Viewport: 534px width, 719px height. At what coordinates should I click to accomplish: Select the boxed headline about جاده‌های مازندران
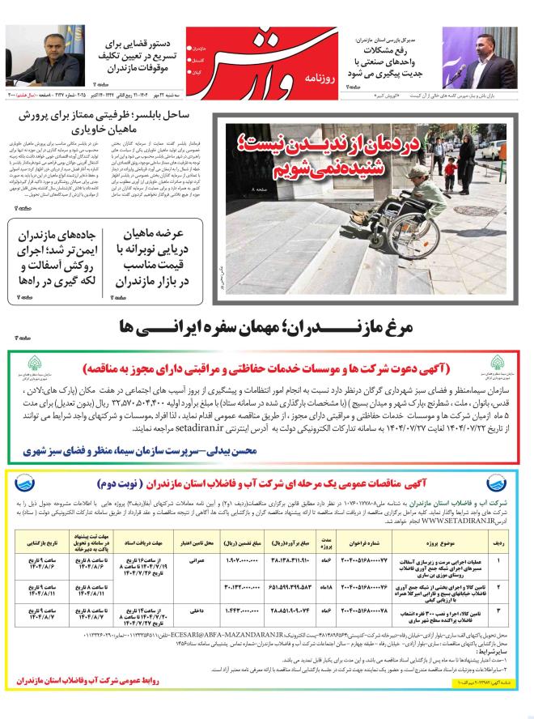click(59, 253)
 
